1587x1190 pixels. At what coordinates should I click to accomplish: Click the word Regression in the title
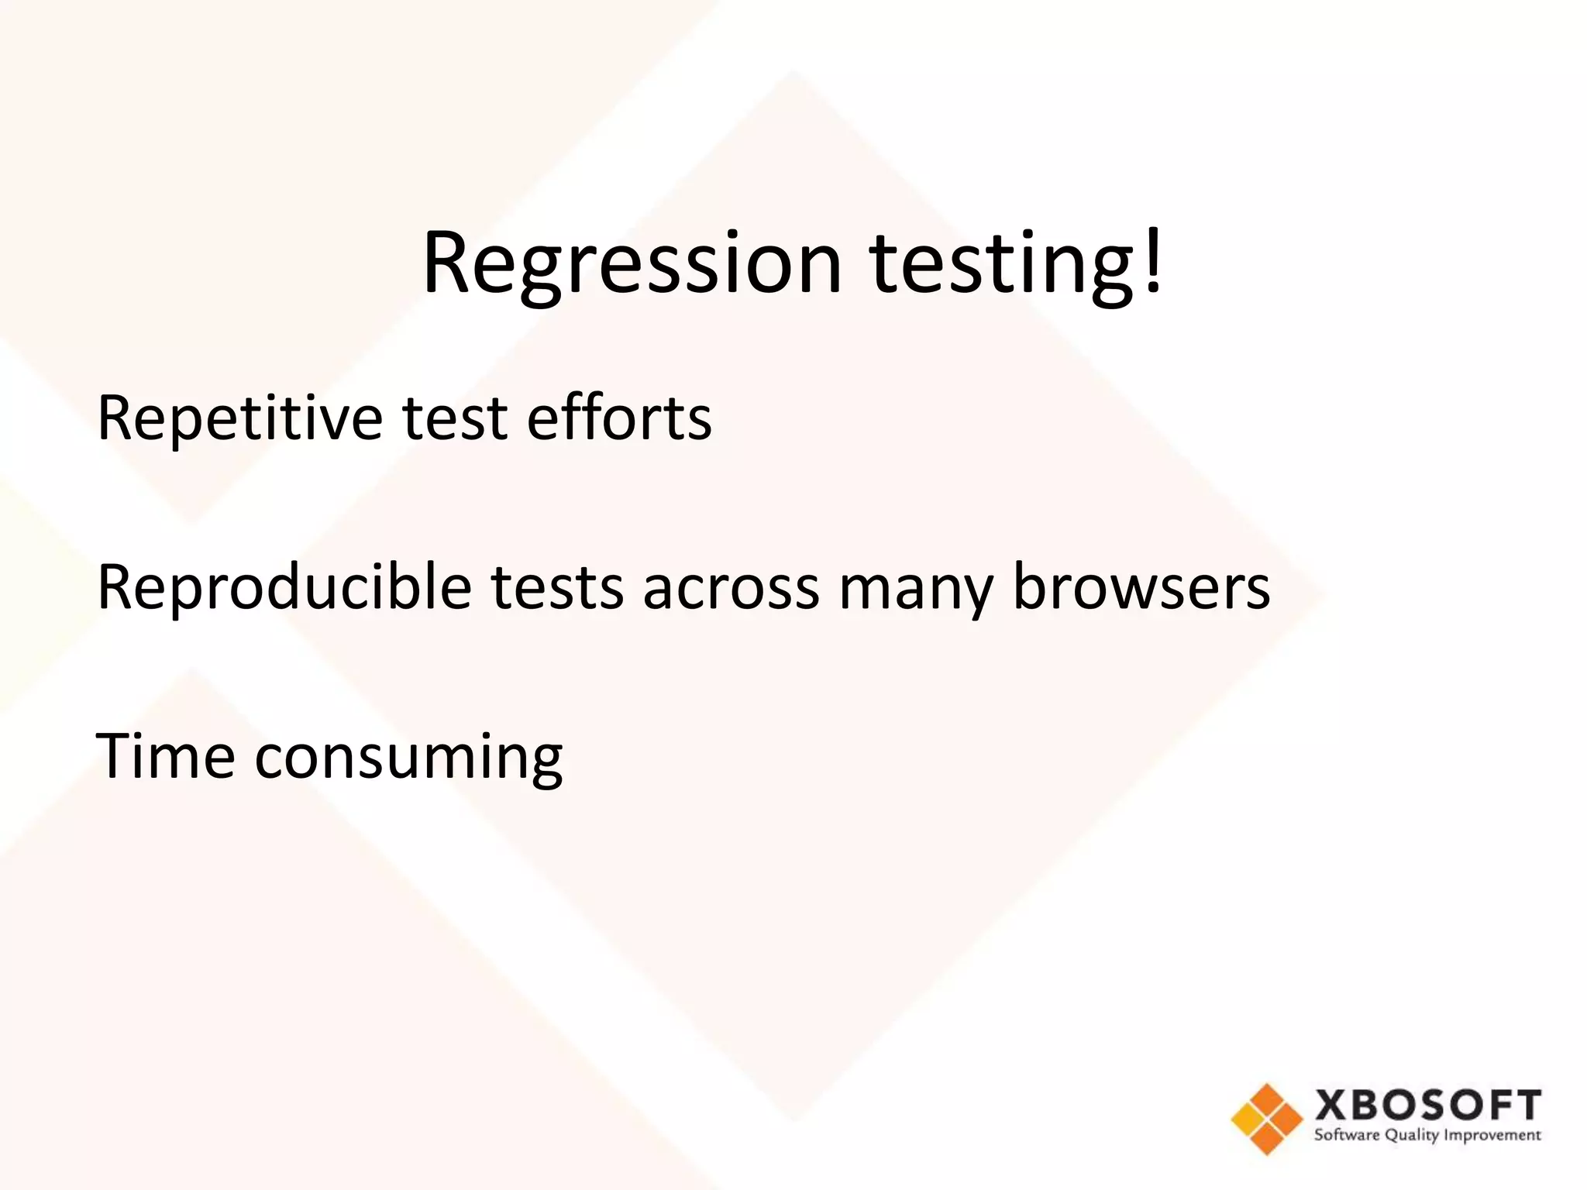pyautogui.click(x=632, y=263)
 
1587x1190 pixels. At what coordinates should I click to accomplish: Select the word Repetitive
pyautogui.click(x=239, y=418)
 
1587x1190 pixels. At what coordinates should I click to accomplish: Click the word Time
pyautogui.click(x=165, y=756)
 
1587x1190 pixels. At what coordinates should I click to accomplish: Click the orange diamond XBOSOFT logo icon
pyautogui.click(x=1266, y=1119)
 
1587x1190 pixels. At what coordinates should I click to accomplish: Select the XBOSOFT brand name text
pyautogui.click(x=1428, y=1105)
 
